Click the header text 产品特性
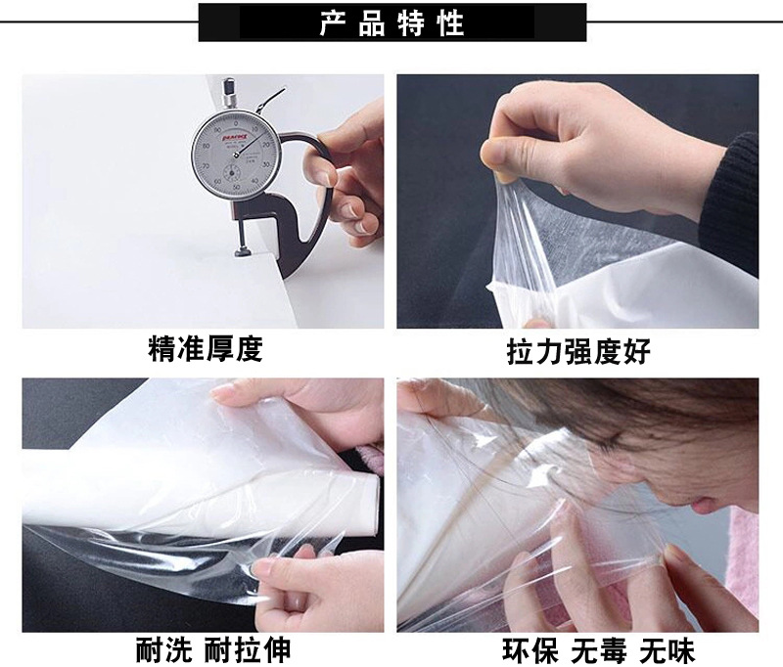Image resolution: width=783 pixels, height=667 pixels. tap(391, 23)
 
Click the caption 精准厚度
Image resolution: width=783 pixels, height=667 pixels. tap(205, 349)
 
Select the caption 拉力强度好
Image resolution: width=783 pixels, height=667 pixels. tap(577, 351)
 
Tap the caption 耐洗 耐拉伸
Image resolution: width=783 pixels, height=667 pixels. tap(212, 649)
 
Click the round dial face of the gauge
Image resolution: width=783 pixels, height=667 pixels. tap(234, 156)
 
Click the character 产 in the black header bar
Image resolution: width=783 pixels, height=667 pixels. tap(332, 23)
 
